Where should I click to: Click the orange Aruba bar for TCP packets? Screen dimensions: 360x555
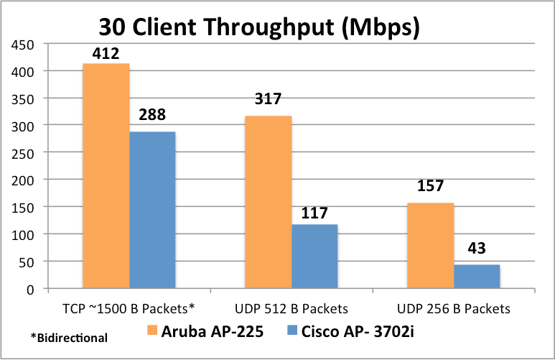[x=106, y=176]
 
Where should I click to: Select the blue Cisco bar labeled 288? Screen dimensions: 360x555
[x=152, y=211]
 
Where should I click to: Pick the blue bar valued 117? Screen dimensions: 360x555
[x=314, y=257]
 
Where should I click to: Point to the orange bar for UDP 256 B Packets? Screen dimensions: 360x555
[x=431, y=246]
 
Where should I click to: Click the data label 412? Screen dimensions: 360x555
[x=106, y=53]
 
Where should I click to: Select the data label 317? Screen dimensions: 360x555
[x=268, y=99]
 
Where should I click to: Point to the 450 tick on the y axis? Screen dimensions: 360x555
[x=26, y=45]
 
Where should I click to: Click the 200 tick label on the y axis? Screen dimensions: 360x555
[x=26, y=180]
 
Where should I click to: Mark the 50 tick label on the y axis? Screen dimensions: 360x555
[x=29, y=261]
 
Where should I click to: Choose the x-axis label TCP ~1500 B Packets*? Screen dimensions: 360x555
[x=129, y=308]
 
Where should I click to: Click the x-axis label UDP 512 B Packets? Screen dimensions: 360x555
[x=292, y=308]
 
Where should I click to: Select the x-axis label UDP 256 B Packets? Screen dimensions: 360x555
[x=453, y=308]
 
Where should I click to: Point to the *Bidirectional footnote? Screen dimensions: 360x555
[x=69, y=337]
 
